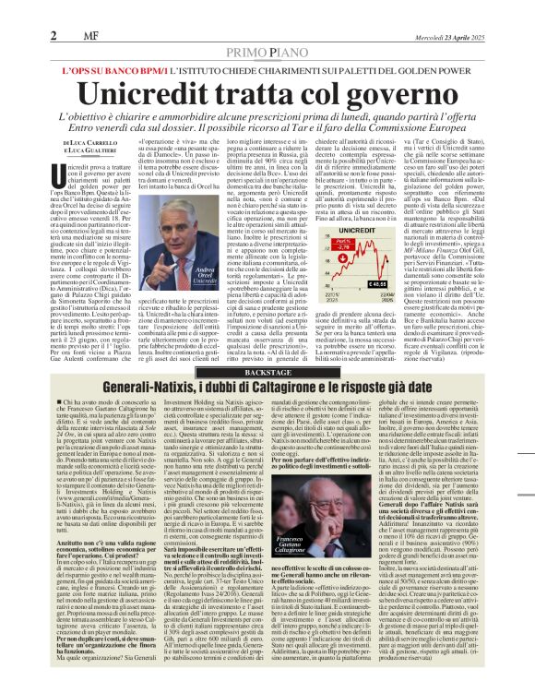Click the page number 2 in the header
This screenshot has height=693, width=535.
click(53, 36)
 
